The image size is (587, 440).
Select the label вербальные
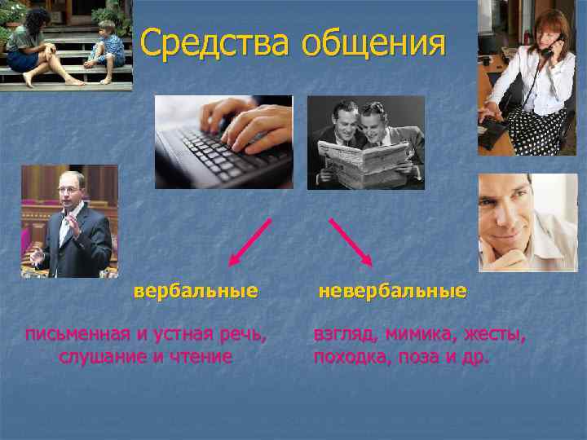pos(196,290)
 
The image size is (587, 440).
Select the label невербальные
pos(392,290)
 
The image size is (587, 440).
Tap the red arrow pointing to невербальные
pos(351,241)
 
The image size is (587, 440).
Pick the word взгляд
pos(342,334)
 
